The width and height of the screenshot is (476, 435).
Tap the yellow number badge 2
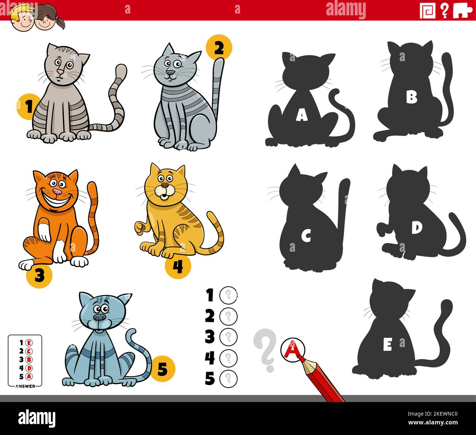point(219,47)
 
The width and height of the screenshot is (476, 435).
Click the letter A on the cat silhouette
point(301,116)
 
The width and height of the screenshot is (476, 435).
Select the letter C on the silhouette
point(306,236)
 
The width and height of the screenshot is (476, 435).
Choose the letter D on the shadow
point(416,228)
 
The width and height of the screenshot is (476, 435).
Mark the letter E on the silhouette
point(387,345)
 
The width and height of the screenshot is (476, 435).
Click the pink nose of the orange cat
point(57,192)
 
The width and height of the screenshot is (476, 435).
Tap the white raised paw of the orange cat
point(44,230)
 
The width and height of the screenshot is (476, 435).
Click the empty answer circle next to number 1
point(228,295)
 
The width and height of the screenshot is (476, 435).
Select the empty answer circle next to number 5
point(228,378)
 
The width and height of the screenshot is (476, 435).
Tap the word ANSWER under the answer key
point(25,386)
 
